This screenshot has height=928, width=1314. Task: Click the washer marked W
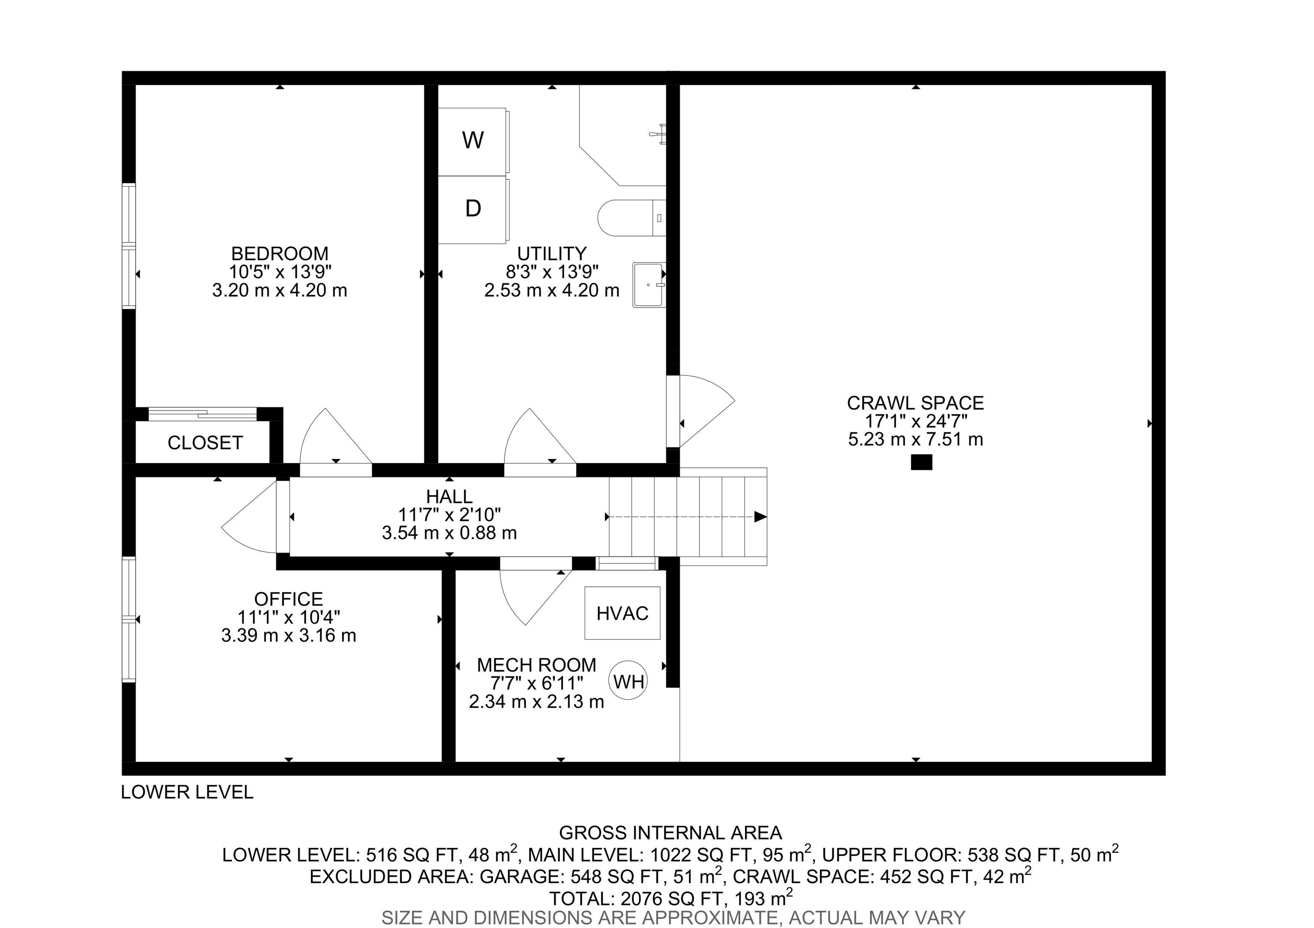474,141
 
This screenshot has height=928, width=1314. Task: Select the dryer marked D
474,210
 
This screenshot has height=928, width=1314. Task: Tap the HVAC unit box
622,613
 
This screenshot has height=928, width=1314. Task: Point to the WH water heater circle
628,681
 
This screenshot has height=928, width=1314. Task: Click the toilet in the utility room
632,218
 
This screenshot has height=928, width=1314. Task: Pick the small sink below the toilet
649,285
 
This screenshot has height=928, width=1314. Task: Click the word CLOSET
205,443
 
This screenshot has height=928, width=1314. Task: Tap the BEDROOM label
280,254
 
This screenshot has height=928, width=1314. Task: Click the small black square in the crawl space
921,462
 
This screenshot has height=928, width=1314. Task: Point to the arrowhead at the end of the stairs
761,517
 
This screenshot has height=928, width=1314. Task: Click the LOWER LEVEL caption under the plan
187,792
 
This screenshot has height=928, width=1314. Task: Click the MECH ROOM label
536,665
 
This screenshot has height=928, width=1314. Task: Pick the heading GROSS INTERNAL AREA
670,833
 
